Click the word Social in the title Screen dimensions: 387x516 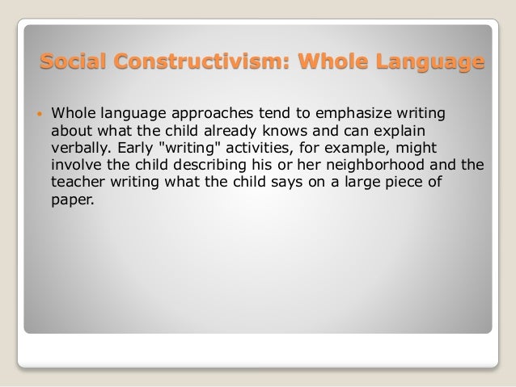coord(72,61)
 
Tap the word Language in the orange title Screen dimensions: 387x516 coord(427,61)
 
